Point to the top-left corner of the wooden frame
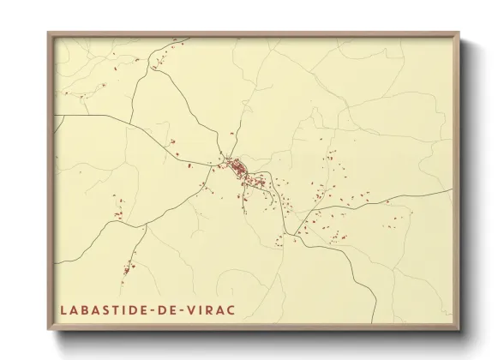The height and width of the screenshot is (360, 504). click(49, 33)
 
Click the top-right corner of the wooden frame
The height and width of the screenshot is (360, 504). click(459, 33)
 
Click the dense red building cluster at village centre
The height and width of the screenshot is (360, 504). click(237, 167)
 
